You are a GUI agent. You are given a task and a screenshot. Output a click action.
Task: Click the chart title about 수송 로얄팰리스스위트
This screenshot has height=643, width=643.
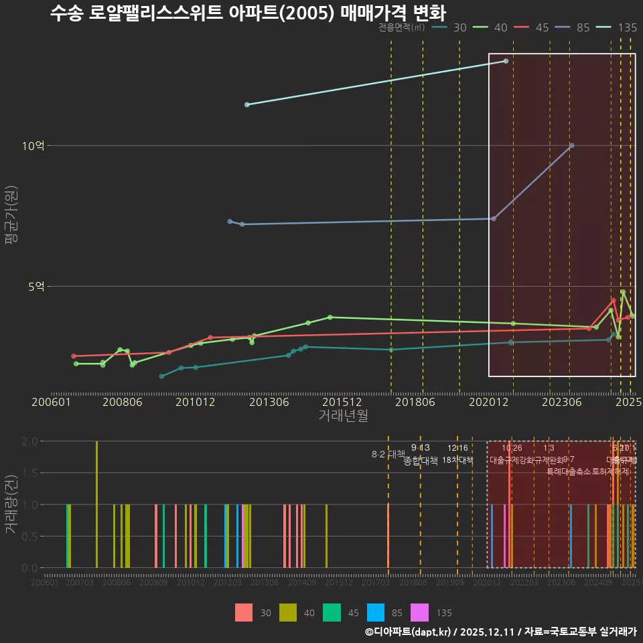click(248, 13)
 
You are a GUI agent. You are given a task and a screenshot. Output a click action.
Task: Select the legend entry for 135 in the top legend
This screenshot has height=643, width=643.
click(617, 27)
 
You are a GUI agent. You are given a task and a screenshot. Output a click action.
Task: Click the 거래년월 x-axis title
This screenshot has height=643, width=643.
click(343, 415)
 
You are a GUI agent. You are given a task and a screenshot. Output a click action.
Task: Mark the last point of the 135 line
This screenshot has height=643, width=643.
click(506, 61)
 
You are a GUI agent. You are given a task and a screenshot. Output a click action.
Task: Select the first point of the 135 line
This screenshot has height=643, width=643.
click(247, 104)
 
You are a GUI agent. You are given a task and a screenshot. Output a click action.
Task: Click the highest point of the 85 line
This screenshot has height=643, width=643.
click(571, 145)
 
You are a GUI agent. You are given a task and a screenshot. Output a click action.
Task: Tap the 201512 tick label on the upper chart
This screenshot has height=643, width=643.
click(343, 402)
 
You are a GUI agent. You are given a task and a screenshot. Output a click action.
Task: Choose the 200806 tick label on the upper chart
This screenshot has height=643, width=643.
click(122, 402)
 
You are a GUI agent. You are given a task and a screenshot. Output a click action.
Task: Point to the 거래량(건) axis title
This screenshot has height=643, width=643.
click(11, 504)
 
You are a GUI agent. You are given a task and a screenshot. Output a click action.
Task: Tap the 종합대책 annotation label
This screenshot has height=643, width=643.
click(421, 460)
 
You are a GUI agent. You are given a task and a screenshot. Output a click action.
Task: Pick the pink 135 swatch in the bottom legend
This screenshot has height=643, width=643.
click(420, 613)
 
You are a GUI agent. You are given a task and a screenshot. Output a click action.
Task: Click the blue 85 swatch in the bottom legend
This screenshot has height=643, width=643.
click(377, 613)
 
